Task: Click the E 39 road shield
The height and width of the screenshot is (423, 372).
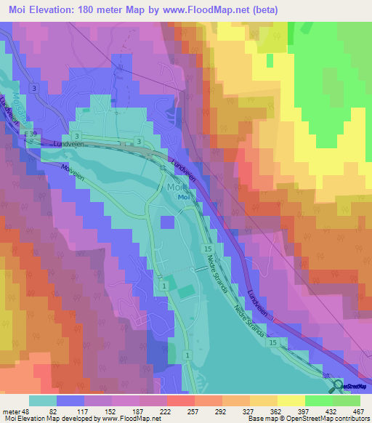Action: pos(30,135)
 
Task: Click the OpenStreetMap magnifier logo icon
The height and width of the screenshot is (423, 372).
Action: pos(337,386)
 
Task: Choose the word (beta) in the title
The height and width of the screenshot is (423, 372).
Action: pos(266,8)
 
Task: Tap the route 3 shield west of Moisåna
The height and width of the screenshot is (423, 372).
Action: pos(33,88)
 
